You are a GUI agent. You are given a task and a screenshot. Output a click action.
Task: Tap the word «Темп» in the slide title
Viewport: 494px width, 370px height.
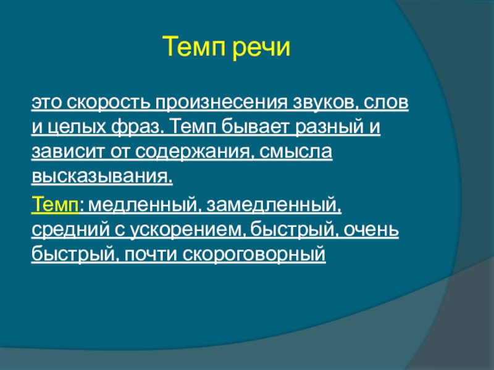[195, 46]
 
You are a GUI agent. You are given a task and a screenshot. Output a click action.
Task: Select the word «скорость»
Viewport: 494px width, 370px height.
[109, 102]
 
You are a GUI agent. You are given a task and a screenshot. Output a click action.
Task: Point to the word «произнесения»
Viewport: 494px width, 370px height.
[221, 103]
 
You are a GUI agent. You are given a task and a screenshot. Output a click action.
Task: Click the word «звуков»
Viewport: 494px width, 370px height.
[326, 102]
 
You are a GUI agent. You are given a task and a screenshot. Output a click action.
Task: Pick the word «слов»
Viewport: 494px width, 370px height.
[387, 102]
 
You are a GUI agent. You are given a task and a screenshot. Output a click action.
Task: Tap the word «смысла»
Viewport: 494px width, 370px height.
[296, 151]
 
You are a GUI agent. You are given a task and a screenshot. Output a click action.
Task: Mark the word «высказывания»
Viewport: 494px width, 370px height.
[102, 176]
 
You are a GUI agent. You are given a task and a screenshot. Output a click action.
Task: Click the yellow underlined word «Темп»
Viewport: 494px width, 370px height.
[55, 204]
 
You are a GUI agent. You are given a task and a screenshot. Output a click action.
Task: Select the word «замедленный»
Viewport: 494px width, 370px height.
[274, 205]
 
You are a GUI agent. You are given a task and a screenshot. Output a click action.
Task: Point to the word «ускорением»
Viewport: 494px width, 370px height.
[188, 231]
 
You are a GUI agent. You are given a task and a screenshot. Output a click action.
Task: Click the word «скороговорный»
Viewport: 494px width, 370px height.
[254, 255]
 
